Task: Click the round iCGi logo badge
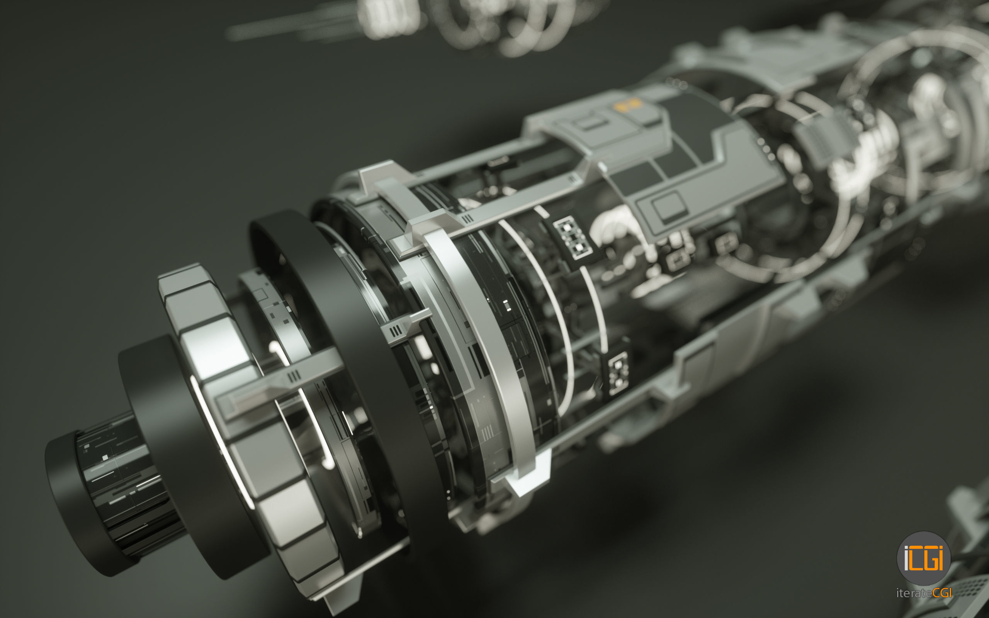(923, 559)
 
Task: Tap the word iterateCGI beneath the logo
(923, 593)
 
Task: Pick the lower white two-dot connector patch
(618, 373)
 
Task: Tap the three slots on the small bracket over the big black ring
(396, 330)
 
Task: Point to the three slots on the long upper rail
(467, 219)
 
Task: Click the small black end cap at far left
(78, 503)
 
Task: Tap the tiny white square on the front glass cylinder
(105, 457)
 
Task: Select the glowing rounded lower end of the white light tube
(328, 464)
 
